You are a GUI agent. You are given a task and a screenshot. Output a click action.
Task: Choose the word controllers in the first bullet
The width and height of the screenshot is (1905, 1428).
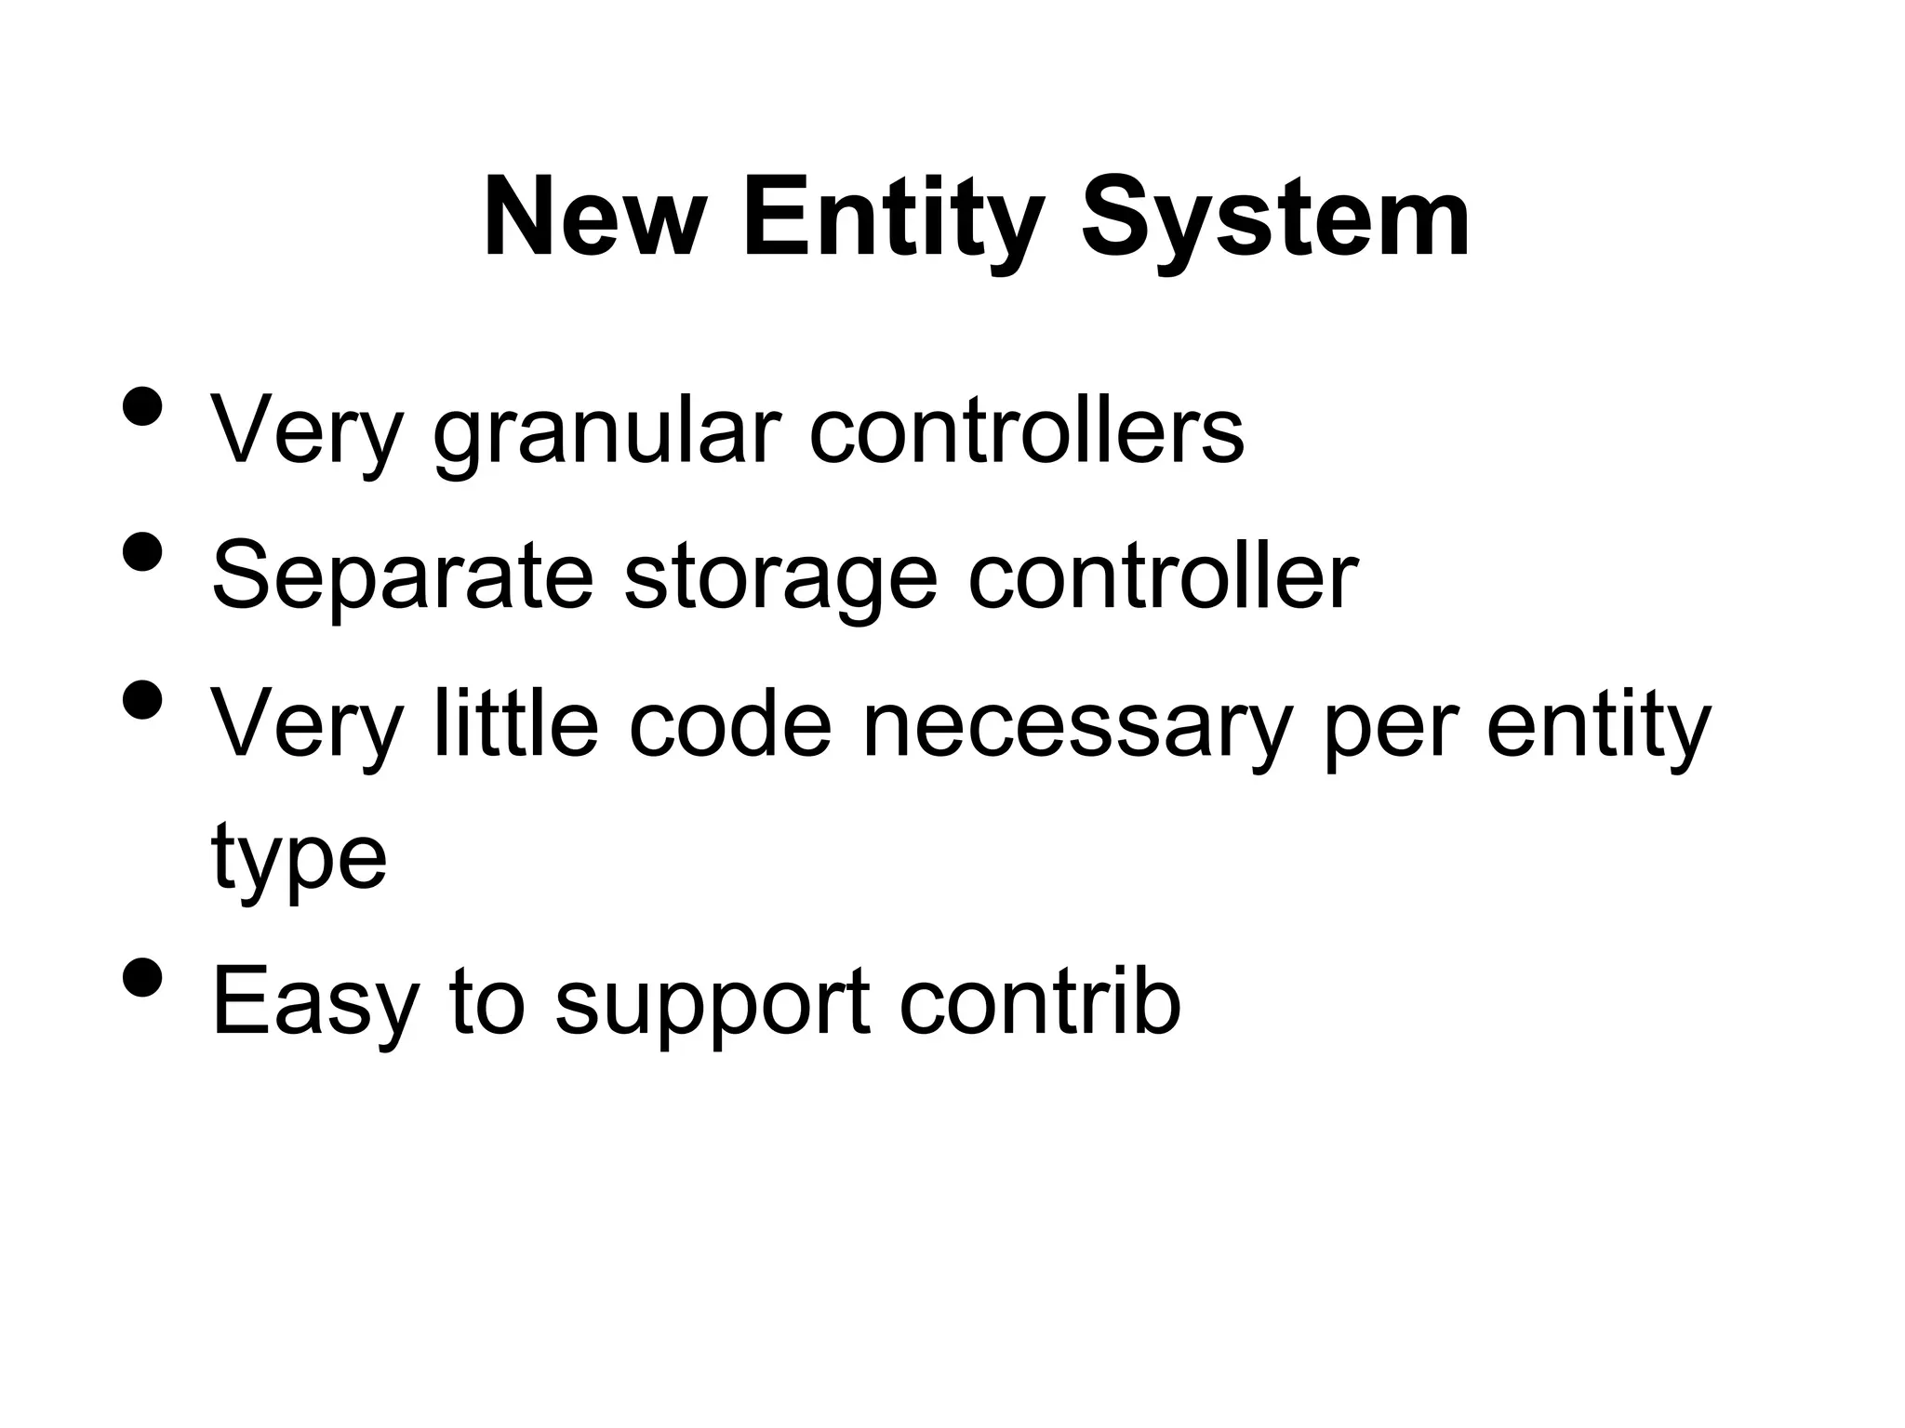(x=1026, y=430)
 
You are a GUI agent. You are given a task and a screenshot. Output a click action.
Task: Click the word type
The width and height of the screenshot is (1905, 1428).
(x=299, y=857)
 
